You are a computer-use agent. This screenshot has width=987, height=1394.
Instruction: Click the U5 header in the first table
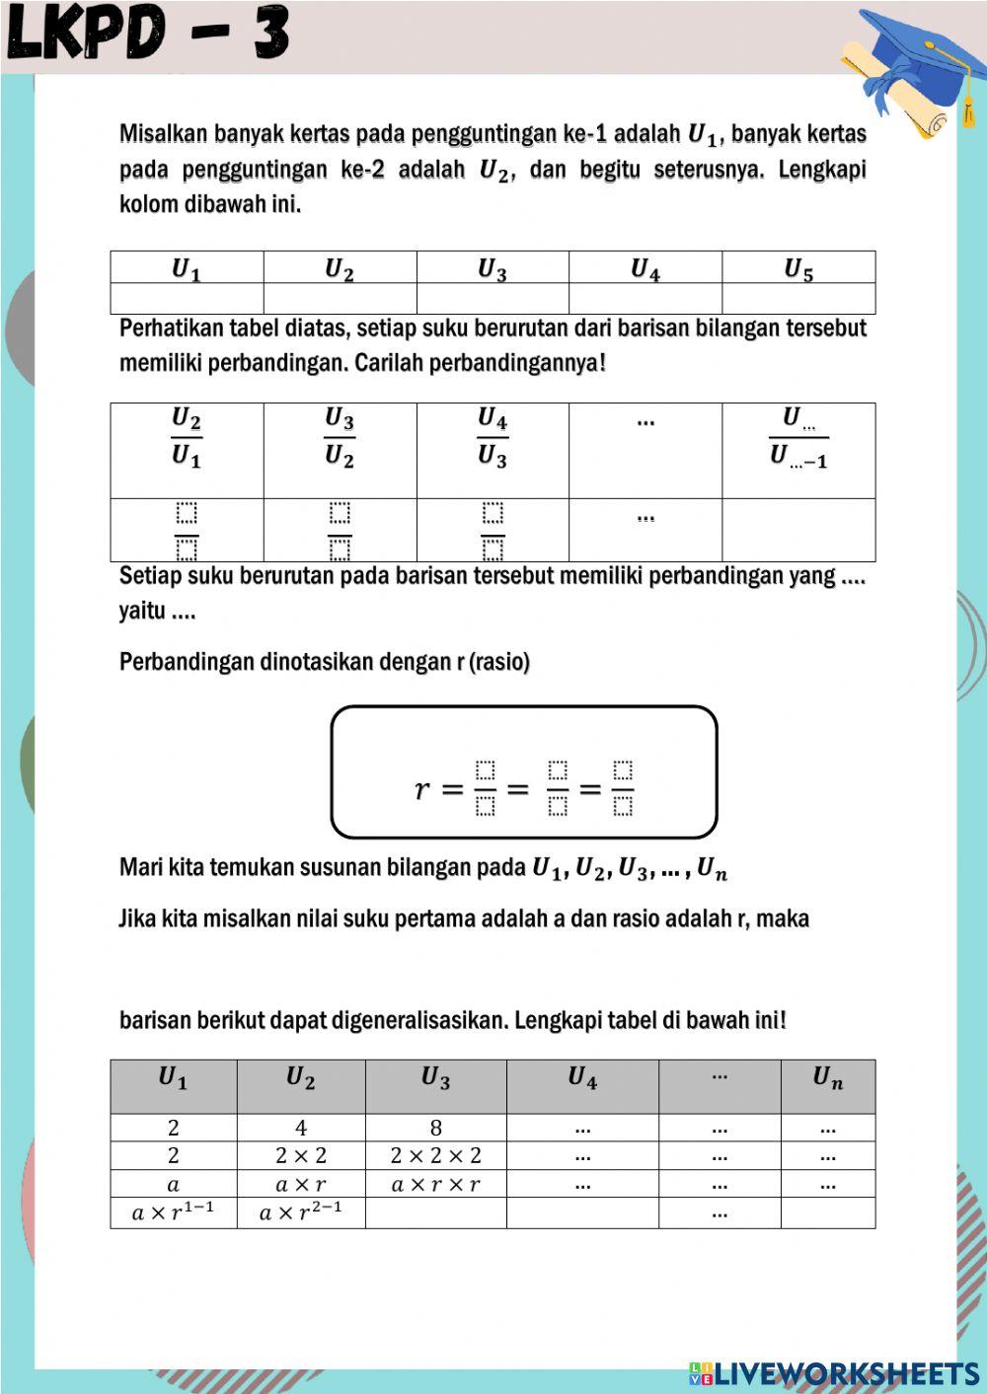click(797, 268)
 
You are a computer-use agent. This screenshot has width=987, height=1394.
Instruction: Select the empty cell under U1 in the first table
click(187, 298)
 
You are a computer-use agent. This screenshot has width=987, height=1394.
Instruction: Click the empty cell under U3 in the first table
click(493, 298)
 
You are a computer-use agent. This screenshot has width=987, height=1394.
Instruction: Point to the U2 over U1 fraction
click(187, 438)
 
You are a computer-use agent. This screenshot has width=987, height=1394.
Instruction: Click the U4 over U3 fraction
click(493, 438)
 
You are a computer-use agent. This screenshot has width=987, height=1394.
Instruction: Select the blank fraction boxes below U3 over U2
click(340, 531)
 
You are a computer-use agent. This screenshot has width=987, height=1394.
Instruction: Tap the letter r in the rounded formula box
click(422, 788)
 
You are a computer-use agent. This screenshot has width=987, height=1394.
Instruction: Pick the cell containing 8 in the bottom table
click(435, 1128)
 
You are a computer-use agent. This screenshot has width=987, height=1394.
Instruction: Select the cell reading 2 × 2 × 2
click(435, 1155)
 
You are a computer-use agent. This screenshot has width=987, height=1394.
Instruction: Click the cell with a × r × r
click(435, 1184)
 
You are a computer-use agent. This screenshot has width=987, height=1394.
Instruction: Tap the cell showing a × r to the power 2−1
click(300, 1212)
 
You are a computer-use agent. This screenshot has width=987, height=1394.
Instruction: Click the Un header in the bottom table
click(827, 1079)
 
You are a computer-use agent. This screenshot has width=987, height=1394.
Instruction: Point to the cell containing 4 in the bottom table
click(300, 1128)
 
